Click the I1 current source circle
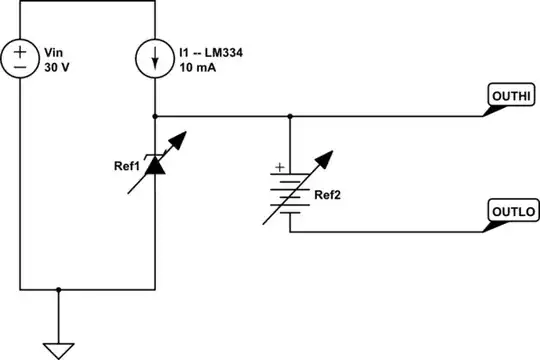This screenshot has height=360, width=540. pyautogui.click(x=156, y=58)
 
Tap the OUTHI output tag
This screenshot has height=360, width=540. pyautogui.click(x=511, y=96)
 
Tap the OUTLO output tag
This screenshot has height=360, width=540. pyautogui.click(x=512, y=212)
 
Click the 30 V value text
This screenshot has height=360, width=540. pyautogui.click(x=58, y=67)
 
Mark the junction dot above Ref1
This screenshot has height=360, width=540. pyautogui.click(x=156, y=116)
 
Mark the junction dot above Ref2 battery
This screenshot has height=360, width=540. pyautogui.click(x=290, y=116)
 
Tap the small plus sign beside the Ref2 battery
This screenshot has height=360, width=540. pyautogui.click(x=279, y=167)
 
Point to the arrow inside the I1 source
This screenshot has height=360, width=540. pyautogui.click(x=156, y=59)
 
